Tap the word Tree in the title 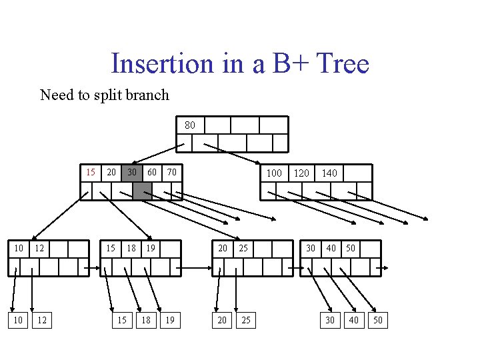click(343, 64)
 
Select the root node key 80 click(190, 125)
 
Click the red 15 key click(91, 173)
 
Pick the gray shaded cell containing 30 click(133, 173)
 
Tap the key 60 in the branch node click(152, 173)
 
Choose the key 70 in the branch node click(171, 173)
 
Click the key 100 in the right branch click(274, 173)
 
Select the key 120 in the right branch click(301, 173)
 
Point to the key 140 click(329, 173)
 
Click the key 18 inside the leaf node click(131, 249)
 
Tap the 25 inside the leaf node click(243, 249)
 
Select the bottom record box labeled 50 click(378, 320)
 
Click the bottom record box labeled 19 click(170, 320)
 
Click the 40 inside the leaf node click(331, 249)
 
